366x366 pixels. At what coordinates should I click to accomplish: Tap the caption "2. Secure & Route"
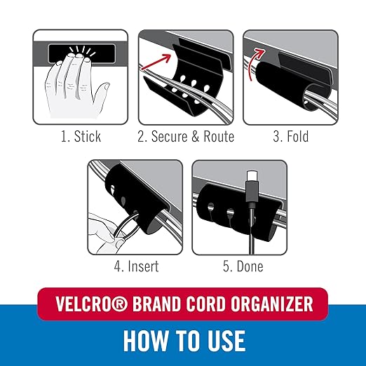pos(186,136)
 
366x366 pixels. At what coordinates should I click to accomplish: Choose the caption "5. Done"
pos(237,266)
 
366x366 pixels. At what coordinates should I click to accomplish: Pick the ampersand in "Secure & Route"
pos(195,136)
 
